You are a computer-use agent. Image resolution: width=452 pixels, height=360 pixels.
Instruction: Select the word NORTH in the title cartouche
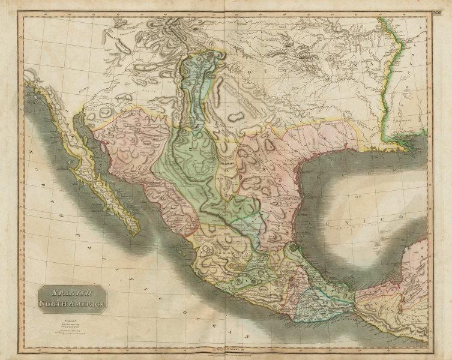point(54,305)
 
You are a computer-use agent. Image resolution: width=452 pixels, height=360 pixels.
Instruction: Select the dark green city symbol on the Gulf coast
point(292,248)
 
